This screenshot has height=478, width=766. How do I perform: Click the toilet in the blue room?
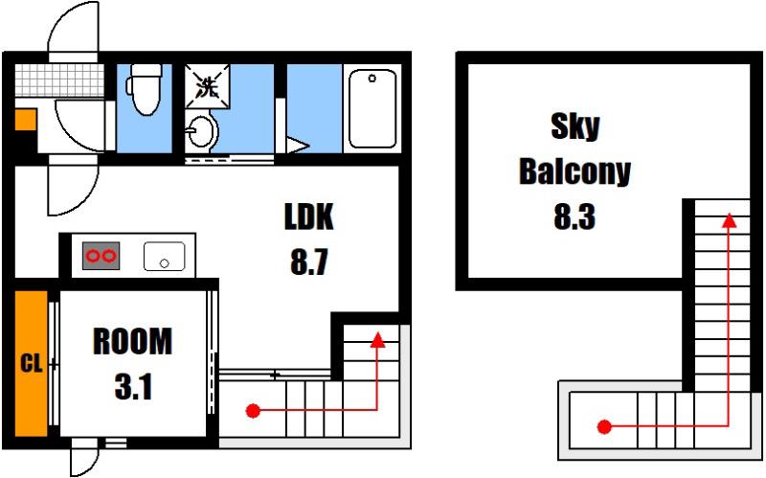[145, 89]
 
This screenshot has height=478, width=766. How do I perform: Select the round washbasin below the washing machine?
[202, 131]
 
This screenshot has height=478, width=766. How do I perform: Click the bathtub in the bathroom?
[372, 108]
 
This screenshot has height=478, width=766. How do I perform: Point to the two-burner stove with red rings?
[101, 256]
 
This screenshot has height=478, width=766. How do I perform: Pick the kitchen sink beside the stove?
[164, 256]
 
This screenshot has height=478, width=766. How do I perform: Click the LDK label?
[309, 217]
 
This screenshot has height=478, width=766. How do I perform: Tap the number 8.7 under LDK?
[308, 262]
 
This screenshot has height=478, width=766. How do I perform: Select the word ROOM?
[132, 342]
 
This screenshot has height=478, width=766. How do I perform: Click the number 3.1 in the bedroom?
[133, 387]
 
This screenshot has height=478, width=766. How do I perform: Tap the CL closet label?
[32, 364]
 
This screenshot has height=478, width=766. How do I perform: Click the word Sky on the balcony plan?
[575, 126]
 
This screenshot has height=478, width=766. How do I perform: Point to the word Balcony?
[575, 171]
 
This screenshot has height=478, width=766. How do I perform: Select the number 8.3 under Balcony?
[574, 217]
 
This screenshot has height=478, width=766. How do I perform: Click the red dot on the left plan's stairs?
[253, 411]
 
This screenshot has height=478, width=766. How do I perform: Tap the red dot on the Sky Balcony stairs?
[604, 426]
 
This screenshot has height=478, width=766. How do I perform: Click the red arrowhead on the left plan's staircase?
[377, 340]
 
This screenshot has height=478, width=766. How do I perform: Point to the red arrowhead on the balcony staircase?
[730, 221]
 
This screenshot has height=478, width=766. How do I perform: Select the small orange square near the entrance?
[26, 120]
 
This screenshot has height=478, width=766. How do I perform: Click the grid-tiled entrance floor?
[59, 80]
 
